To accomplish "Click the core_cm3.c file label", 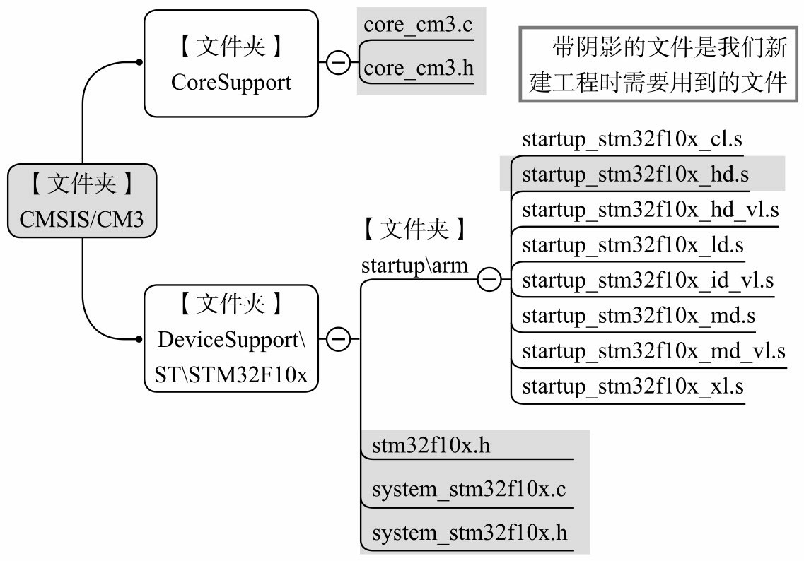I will click(417, 25).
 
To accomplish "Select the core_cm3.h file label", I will click(418, 69).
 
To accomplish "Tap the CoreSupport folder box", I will click(231, 64).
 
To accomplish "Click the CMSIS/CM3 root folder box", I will click(81, 201).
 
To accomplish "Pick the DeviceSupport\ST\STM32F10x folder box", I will click(231, 339).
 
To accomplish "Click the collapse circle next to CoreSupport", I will click(339, 63).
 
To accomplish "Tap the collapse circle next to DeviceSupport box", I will click(339, 339).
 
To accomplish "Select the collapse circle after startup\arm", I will click(489, 280).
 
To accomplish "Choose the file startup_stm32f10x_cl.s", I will click(632, 138).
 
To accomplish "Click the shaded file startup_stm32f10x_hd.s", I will click(635, 175).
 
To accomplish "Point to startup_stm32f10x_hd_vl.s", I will click(650, 210).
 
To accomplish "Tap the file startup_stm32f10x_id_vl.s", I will click(648, 280).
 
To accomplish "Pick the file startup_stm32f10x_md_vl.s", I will click(653, 350).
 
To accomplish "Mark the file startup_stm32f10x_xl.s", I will click(633, 386).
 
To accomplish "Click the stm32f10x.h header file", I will click(431, 446).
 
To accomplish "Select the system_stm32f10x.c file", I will click(469, 490).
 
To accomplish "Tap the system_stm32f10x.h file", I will click(470, 533).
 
